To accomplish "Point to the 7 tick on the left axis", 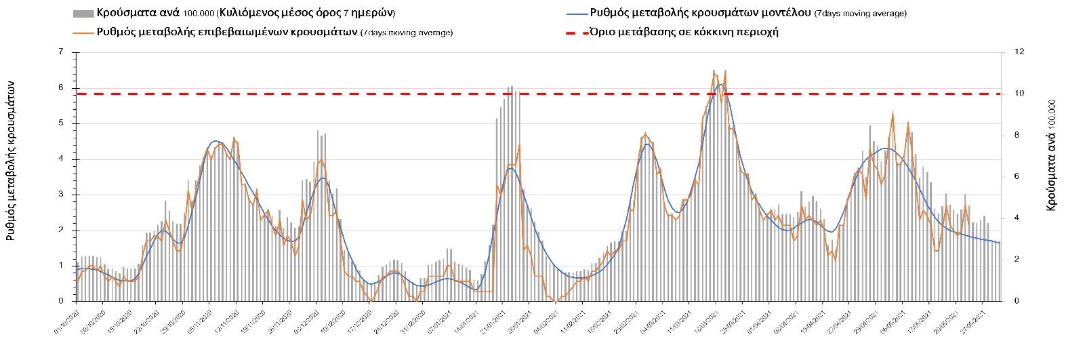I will pos(62,52).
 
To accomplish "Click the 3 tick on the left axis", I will pos(62,195).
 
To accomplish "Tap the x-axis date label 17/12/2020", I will pos(360,323).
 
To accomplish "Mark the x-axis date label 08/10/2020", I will pos(93,323).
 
